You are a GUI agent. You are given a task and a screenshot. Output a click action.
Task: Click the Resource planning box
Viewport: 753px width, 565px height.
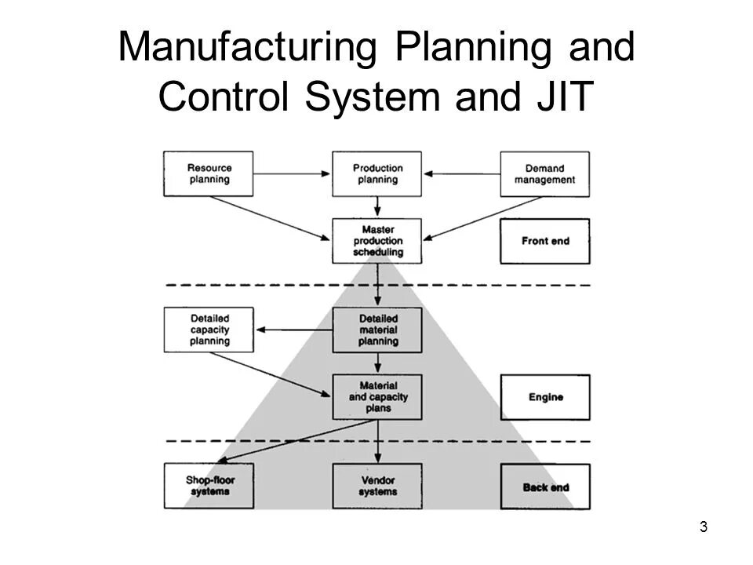209,173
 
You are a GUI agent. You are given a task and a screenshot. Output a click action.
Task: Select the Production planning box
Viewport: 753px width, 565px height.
377,173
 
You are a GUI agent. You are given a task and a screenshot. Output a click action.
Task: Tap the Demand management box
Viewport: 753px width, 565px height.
545,173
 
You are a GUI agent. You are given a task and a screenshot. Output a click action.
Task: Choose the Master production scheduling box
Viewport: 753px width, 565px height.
377,240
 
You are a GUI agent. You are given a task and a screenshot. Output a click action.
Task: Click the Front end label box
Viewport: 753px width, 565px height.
545,241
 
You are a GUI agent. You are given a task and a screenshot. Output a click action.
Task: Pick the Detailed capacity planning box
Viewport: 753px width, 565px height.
209,330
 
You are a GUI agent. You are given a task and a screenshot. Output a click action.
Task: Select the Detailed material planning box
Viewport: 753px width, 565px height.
377,330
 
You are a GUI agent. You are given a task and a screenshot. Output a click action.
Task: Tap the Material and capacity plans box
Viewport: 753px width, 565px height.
377,397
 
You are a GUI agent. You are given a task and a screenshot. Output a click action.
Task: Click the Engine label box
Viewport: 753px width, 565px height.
545,397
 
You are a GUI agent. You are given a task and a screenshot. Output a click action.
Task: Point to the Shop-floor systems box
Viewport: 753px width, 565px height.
209,487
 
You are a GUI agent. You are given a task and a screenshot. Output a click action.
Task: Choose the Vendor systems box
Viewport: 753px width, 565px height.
377,487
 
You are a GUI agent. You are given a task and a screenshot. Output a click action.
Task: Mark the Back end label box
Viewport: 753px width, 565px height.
545,487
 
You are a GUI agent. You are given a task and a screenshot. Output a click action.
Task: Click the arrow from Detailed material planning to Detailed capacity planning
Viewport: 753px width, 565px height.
293,330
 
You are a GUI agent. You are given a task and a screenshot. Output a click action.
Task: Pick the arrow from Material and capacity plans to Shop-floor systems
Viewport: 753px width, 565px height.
294,440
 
